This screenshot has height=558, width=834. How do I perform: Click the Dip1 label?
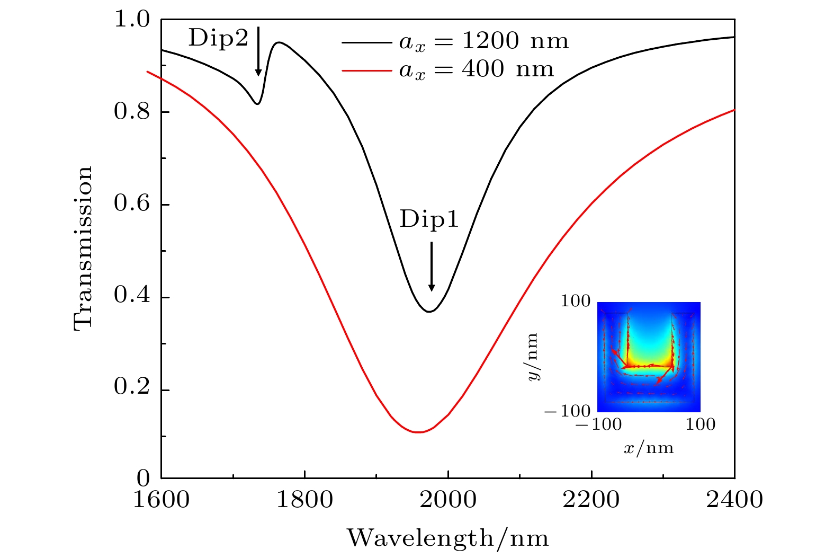pyautogui.click(x=429, y=219)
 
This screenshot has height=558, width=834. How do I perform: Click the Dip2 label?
pyautogui.click(x=218, y=38)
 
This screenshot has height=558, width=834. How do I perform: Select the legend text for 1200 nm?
pyautogui.click(x=483, y=41)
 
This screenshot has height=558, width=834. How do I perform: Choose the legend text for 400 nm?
pyautogui.click(x=476, y=69)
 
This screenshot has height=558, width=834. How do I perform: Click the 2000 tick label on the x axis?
pyautogui.click(x=448, y=500)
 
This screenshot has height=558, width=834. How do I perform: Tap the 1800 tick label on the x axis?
pyautogui.click(x=304, y=500)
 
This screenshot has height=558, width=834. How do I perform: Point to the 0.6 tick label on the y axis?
pyautogui.click(x=132, y=205)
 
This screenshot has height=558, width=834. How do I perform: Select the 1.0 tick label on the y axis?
pyautogui.click(x=132, y=20)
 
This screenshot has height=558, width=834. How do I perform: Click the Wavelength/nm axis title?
pyautogui.click(x=448, y=538)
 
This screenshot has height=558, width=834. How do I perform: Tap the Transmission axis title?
pyautogui.click(x=83, y=248)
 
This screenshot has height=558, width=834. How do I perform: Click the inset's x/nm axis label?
pyautogui.click(x=649, y=448)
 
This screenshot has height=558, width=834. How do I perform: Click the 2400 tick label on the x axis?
pyautogui.click(x=734, y=500)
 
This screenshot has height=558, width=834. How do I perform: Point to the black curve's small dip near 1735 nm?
pyautogui.click(x=257, y=103)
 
